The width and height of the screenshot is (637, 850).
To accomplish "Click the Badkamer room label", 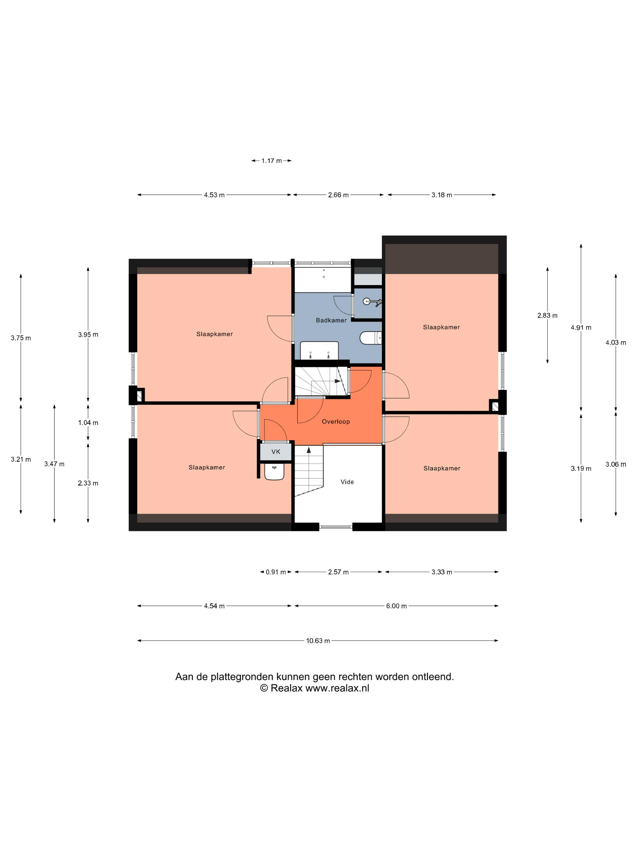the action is tap(331, 320).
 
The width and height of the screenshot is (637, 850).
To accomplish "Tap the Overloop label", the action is tap(335, 422).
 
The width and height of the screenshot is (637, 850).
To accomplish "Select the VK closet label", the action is tap(276, 451).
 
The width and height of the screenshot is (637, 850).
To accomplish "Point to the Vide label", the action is tap(347, 482).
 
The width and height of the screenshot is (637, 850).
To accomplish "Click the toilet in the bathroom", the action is tap(371, 338).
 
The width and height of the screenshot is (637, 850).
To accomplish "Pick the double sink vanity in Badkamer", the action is tap(319, 350).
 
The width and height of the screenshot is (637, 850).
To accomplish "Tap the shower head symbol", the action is tap(372, 302).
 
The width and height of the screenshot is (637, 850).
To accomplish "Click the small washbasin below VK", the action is tap(275, 471).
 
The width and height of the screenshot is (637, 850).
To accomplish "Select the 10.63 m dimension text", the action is tap(318, 641).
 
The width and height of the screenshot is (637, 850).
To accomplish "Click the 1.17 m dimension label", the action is tap(271, 161).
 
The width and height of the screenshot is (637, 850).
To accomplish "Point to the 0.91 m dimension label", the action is tap(276, 572).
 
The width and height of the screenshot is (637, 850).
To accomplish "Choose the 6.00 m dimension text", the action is tap(396, 606).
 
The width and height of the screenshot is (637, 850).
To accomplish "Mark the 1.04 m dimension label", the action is tap(88, 423).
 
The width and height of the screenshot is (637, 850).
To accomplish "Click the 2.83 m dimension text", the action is tap(547, 315).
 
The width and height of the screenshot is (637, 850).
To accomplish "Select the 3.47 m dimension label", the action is tap(54, 464).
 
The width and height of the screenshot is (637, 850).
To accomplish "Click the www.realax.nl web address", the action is tap(337, 688).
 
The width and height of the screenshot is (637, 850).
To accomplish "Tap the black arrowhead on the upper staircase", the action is tap(338, 381).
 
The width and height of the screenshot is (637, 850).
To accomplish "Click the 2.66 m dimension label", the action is tap(338, 195).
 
